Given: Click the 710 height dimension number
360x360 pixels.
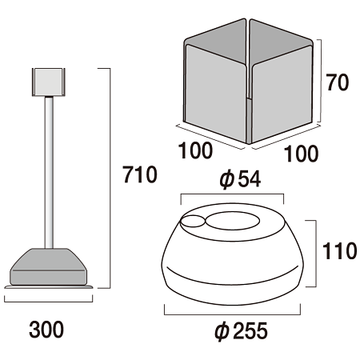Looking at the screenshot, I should click(141, 174).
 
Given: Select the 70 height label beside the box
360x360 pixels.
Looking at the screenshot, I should click(338, 83).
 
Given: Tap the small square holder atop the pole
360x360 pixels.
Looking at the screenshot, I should click(47, 81).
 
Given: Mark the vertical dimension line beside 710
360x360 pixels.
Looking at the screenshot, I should click(108, 177).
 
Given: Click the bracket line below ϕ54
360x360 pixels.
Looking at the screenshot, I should click(232, 195).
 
